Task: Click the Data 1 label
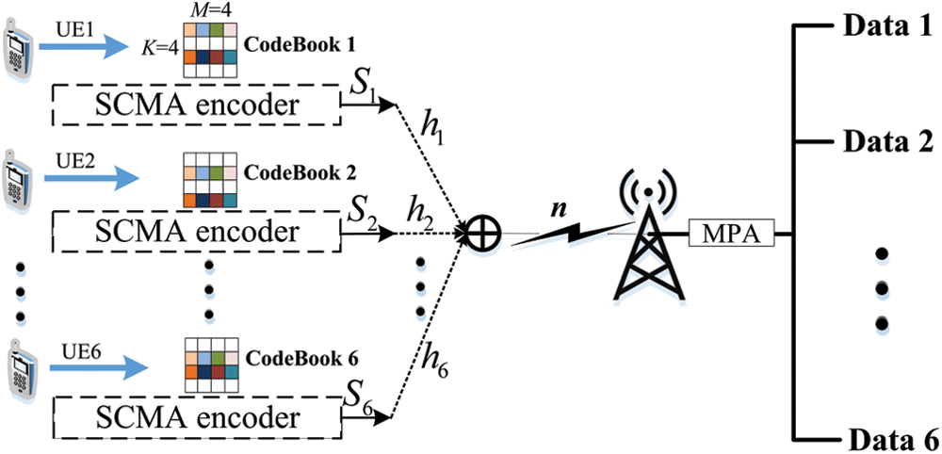[885, 25]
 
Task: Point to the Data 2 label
[885, 143]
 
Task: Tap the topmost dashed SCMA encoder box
[192, 105]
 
